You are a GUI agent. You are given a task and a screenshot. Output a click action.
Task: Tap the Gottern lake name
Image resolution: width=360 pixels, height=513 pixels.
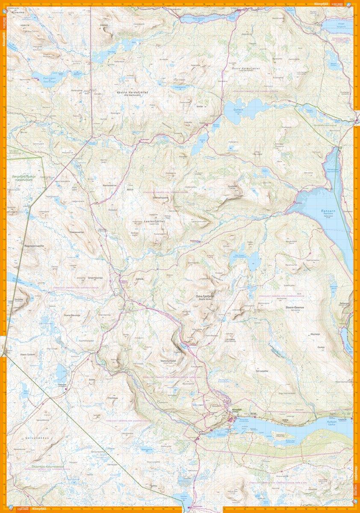[x=238, y=109]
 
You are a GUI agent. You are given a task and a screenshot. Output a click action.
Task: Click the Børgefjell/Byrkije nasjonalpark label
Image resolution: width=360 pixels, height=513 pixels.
[x=23, y=177]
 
